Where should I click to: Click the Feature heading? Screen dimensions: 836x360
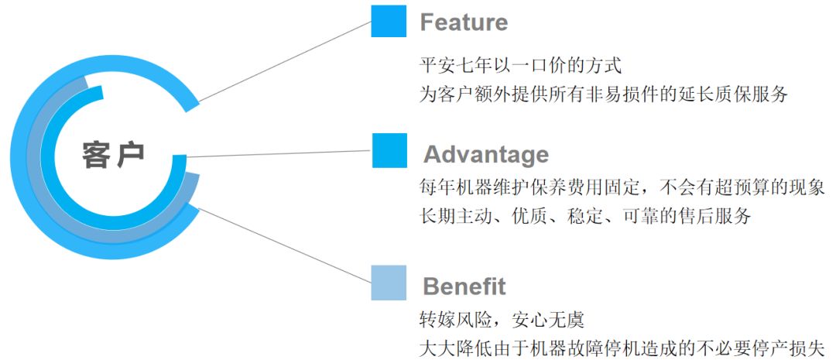[x=464, y=22]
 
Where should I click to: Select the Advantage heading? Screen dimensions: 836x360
[x=485, y=154]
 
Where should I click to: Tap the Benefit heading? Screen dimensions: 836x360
[x=464, y=286]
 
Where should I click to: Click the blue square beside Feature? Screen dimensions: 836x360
[x=389, y=21]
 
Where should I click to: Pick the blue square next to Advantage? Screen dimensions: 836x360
[x=389, y=150]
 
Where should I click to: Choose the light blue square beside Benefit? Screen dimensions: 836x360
[x=389, y=283]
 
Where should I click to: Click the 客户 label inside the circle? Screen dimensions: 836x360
[x=113, y=156]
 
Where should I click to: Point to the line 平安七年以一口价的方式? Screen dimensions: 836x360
[x=519, y=65]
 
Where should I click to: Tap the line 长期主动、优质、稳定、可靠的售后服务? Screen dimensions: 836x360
[x=584, y=216]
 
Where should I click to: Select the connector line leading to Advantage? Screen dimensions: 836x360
[x=279, y=153]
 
